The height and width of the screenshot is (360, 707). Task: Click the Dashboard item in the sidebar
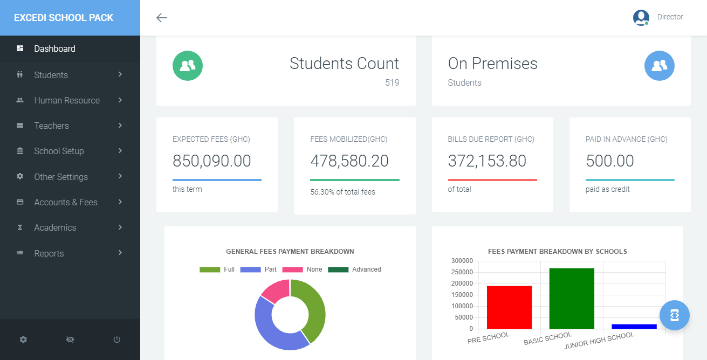pos(54,49)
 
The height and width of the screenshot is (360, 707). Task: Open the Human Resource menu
pos(67,100)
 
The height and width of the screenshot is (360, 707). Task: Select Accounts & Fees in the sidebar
pos(66,202)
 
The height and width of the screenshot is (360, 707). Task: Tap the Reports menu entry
pos(49,253)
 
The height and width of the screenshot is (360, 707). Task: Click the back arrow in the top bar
pos(162,18)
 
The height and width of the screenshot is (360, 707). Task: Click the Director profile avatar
pos(641,17)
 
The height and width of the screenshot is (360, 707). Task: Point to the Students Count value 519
pos(392,83)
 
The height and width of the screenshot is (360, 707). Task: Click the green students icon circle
pos(188,66)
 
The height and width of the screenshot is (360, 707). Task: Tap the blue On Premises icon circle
pos(659,66)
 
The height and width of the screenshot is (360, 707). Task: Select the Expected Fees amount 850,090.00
pos(212,161)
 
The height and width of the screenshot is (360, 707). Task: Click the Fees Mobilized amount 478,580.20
pos(349,161)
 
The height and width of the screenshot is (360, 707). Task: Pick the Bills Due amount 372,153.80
pos(487,161)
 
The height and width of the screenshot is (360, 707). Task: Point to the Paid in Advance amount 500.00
pos(610,161)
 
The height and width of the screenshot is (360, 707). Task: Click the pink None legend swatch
pos(292,269)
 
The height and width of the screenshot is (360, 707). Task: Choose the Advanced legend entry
pos(366,269)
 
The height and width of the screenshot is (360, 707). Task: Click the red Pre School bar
pos(509,307)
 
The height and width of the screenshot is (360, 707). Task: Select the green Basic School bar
pos(572,298)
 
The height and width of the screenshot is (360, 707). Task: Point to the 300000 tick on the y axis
pos(462,261)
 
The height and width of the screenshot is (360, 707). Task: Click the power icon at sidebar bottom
pos(117,340)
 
